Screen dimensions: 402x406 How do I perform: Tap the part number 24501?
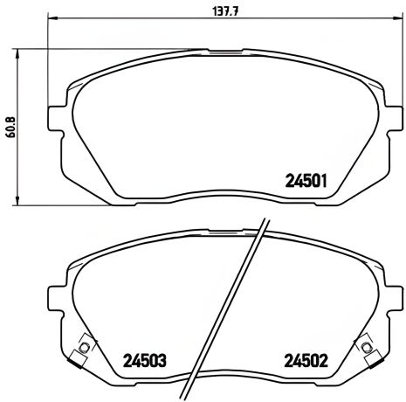[x=306, y=182]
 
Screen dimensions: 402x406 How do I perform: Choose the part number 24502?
[x=306, y=360]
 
